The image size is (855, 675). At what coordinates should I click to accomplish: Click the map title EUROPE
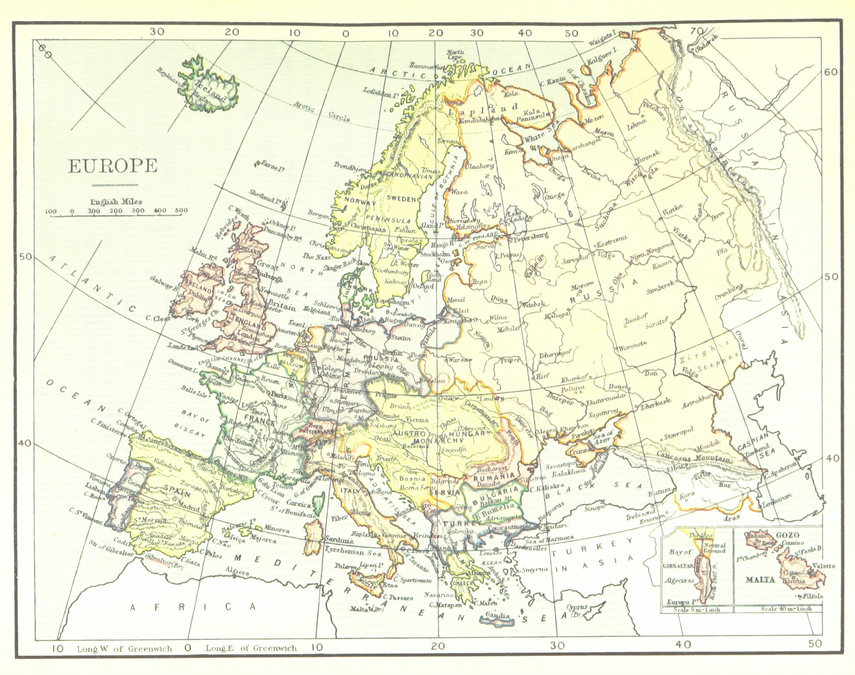(113, 166)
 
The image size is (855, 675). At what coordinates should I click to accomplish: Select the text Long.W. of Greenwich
(125, 649)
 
